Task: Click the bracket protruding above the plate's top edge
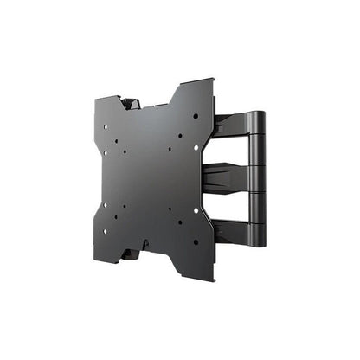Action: pos(132,102)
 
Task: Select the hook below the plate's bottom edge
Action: pos(129,255)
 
